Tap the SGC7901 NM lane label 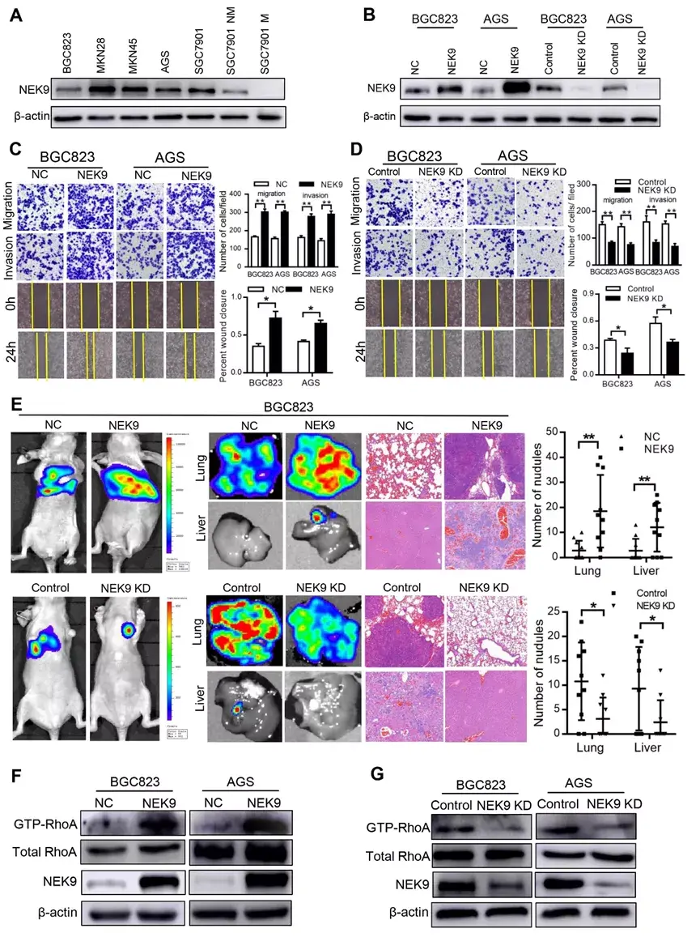pos(231,40)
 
